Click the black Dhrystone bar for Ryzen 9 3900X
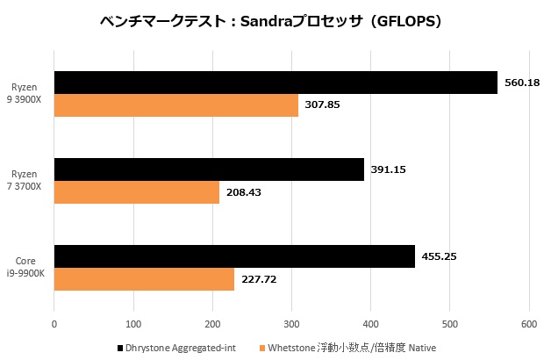coord(276,83)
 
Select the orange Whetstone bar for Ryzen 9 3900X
coord(175,105)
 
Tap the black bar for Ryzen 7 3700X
coord(209,169)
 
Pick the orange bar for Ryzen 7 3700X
coord(136,191)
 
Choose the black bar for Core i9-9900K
coord(234,256)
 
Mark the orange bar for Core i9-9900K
coord(144,279)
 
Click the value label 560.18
coord(522,83)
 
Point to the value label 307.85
coord(322,105)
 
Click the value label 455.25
coord(440,256)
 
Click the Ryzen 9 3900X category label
coord(29,93)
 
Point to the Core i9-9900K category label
coord(29,268)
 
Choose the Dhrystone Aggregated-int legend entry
coord(175,349)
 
